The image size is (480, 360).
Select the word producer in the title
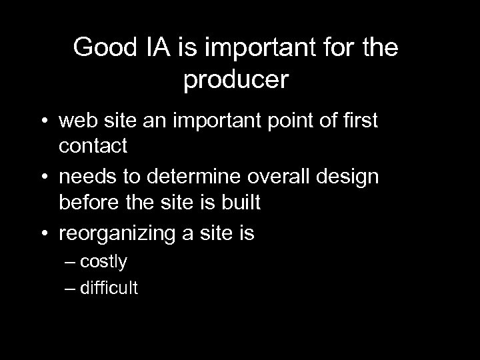pos(235,80)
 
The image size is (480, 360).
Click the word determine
pos(203,179)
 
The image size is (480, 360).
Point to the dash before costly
pos(71,262)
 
